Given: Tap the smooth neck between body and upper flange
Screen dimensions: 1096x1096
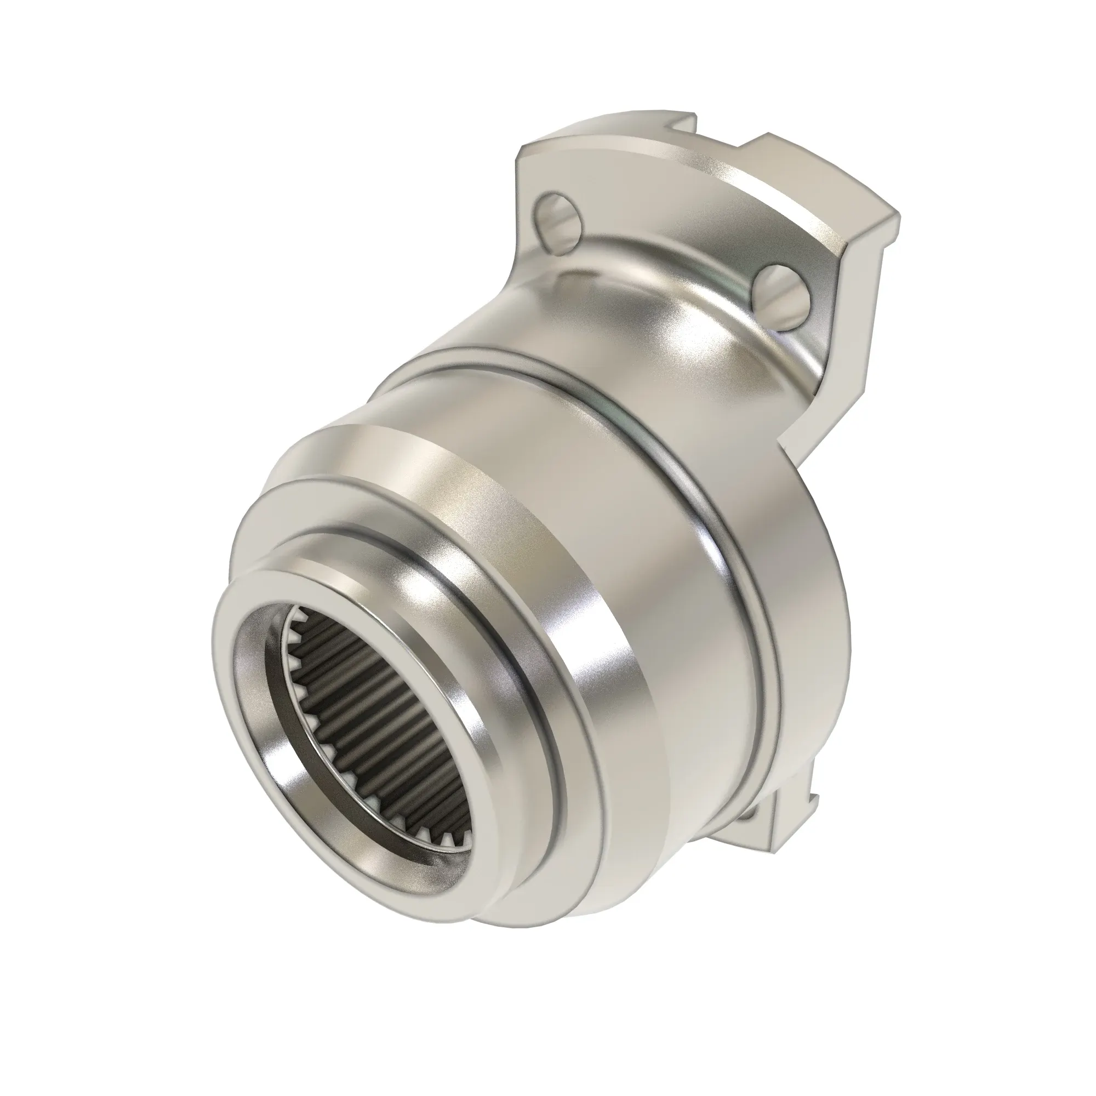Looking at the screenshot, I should (x=596, y=318).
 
